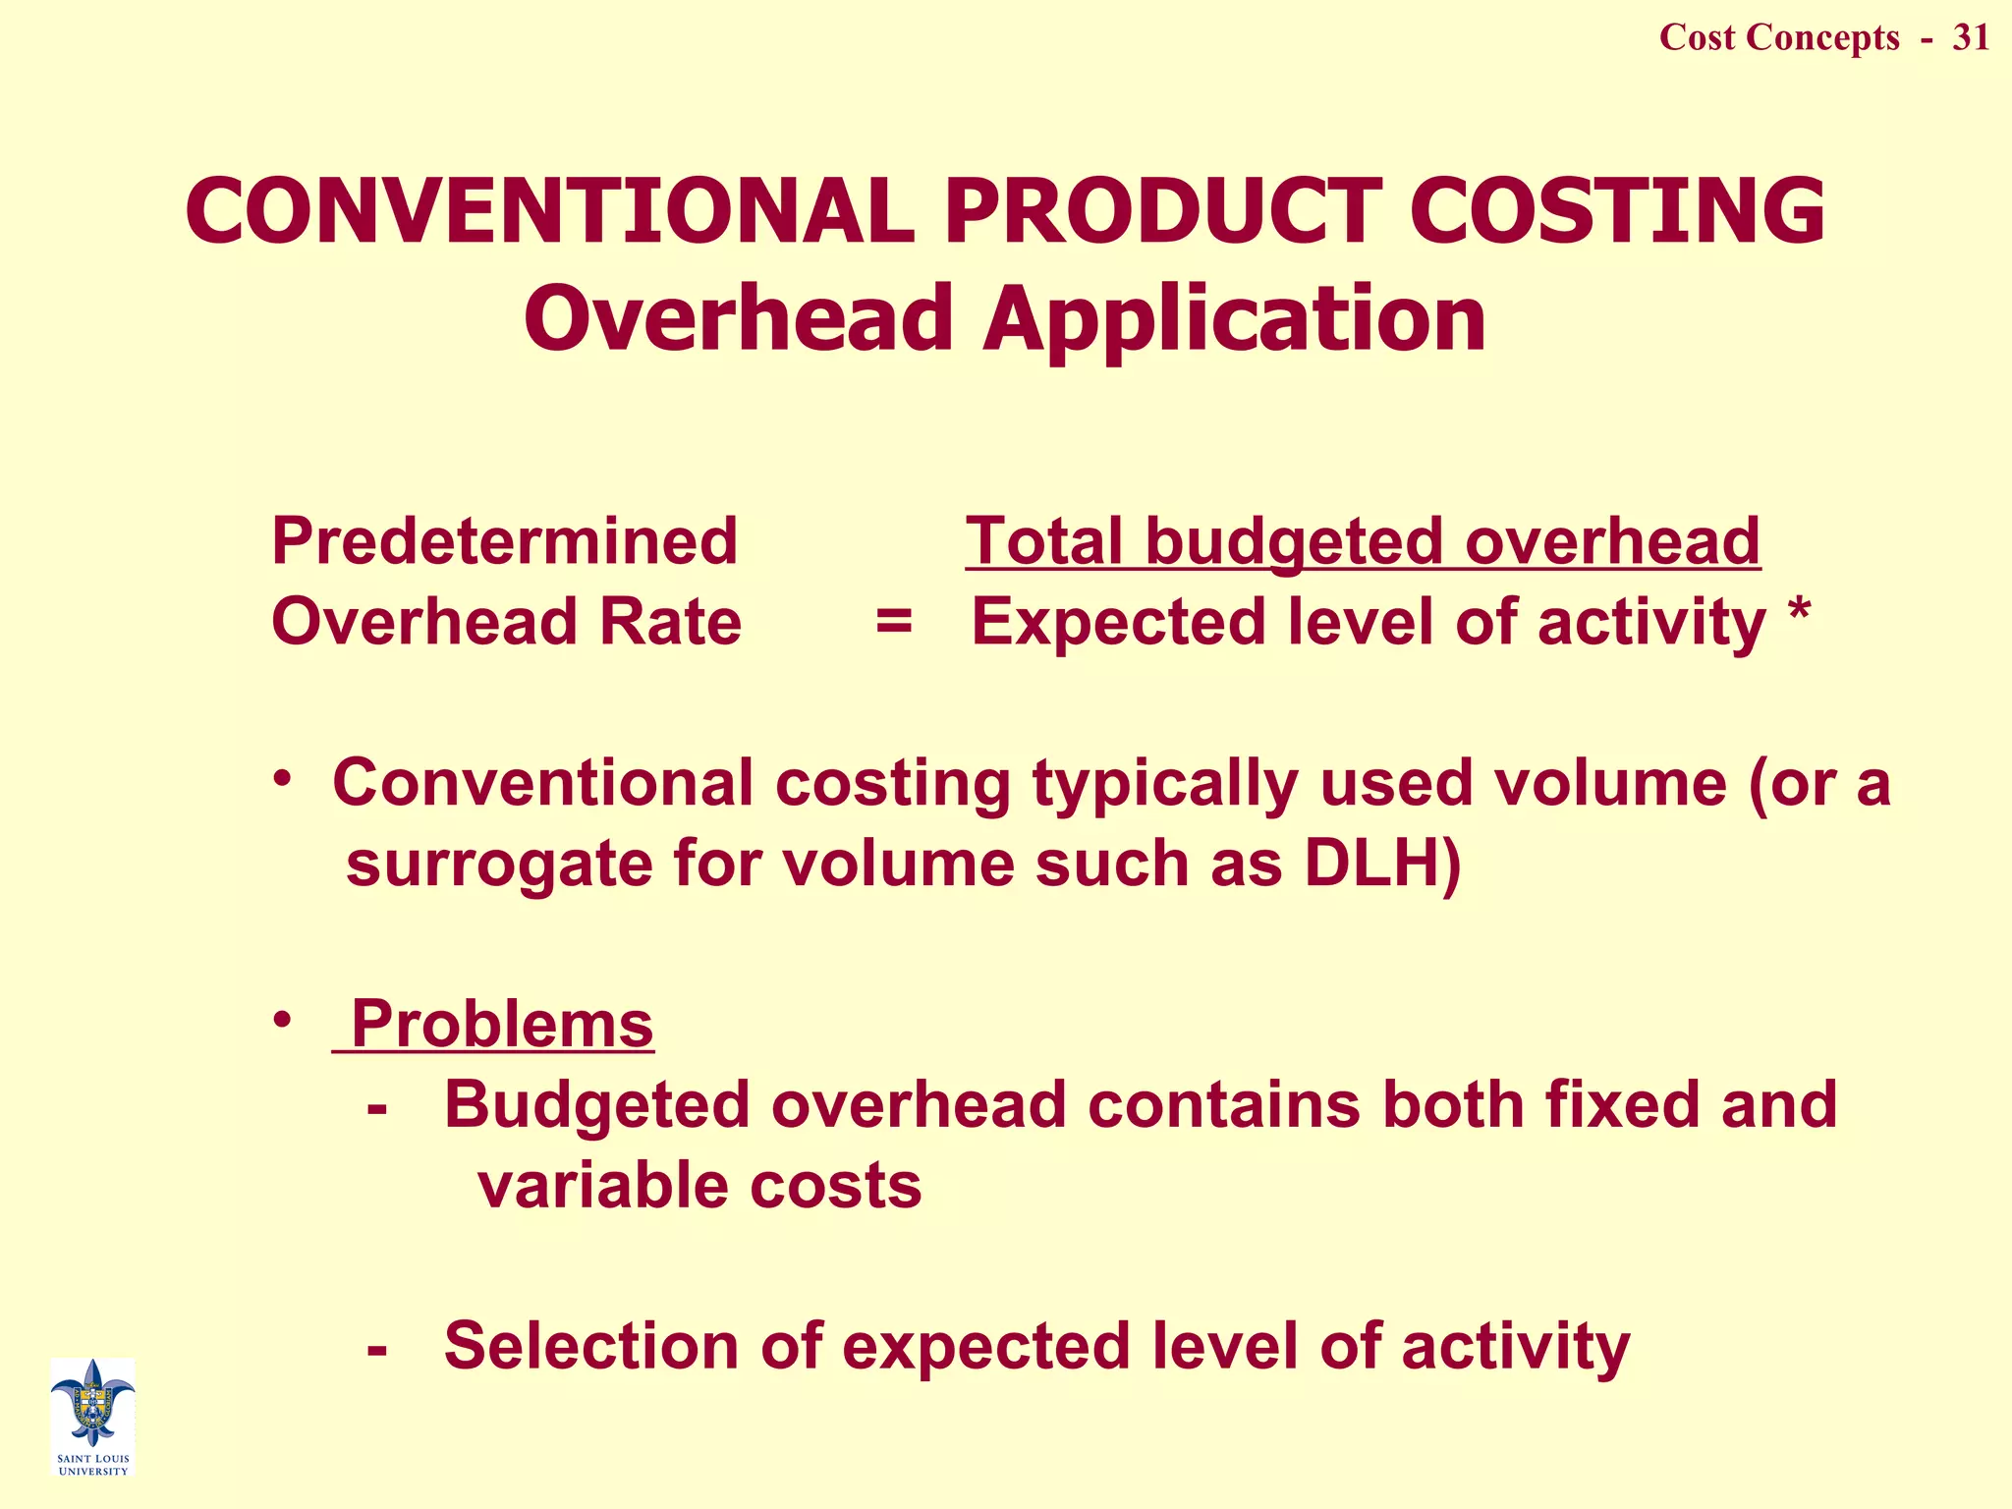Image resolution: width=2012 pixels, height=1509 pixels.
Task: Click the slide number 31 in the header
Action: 1971,37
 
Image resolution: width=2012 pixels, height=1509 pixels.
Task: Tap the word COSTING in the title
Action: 1617,211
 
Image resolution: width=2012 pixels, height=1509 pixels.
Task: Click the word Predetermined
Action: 504,541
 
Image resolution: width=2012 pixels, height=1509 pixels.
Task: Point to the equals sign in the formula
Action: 894,622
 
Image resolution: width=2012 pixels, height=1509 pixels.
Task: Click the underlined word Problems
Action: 501,1024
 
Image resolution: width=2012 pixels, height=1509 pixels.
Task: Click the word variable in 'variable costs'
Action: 602,1185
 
